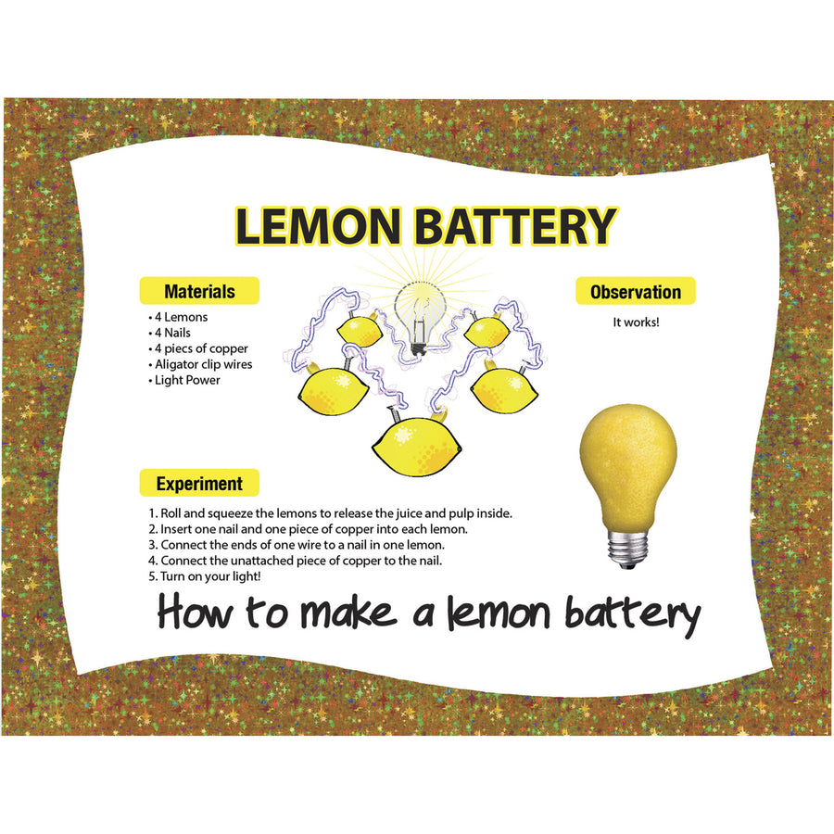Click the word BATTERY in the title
(x=515, y=228)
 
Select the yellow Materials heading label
(x=199, y=291)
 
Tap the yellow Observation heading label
(x=636, y=292)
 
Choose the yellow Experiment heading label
(x=199, y=483)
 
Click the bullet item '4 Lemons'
(x=180, y=317)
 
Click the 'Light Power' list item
(x=189, y=380)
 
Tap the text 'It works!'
(x=636, y=322)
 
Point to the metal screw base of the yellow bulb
(x=627, y=547)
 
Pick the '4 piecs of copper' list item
(x=199, y=348)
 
